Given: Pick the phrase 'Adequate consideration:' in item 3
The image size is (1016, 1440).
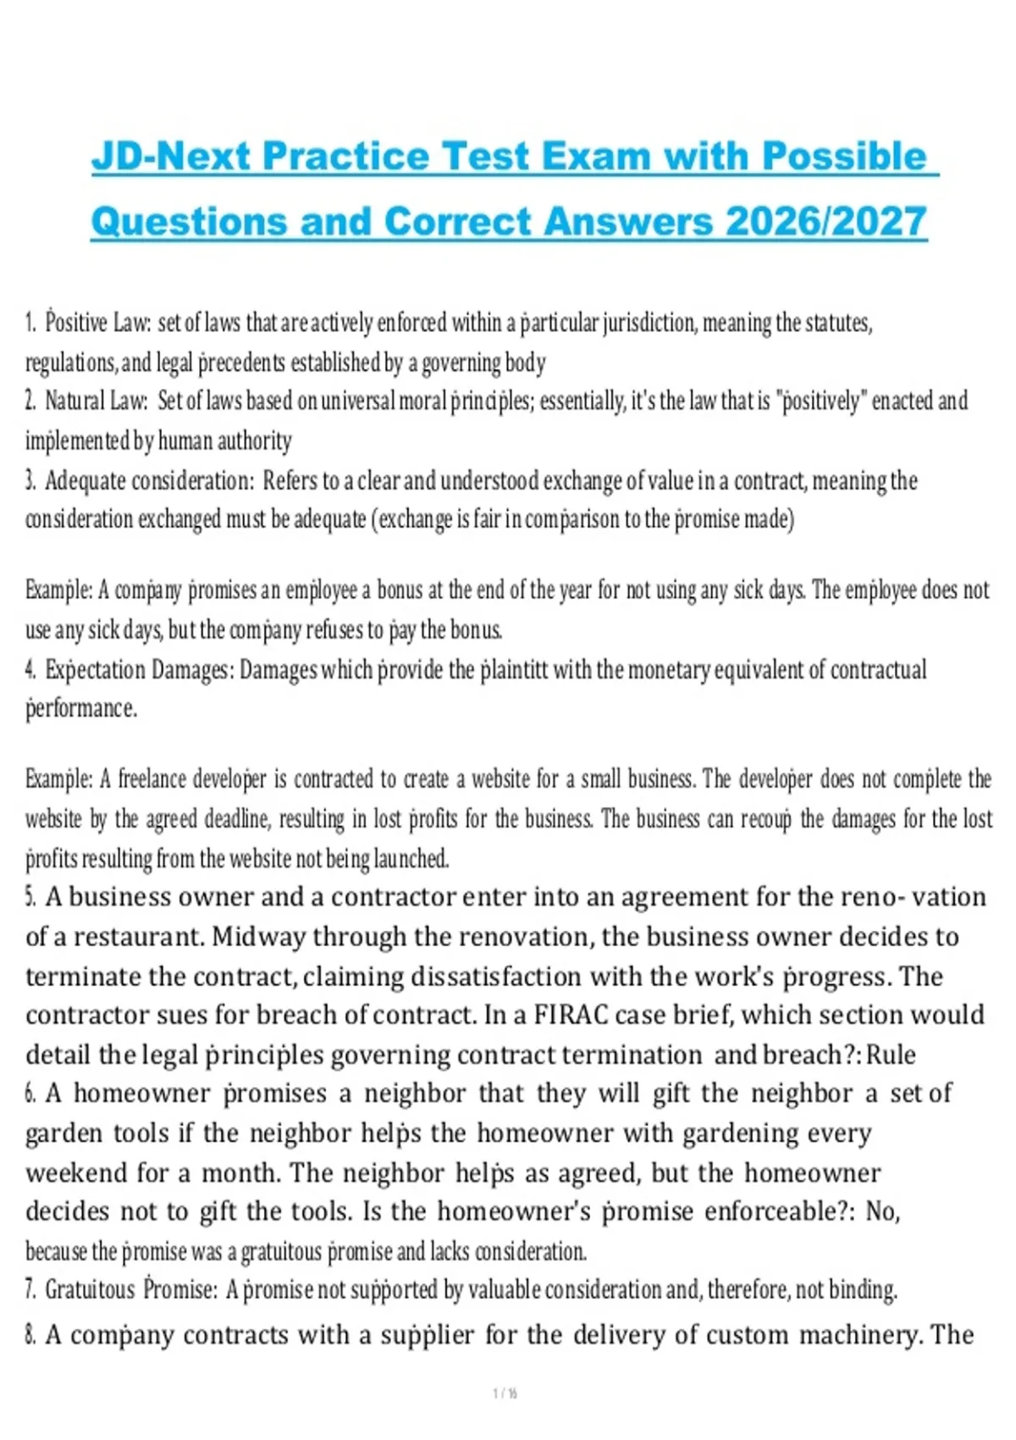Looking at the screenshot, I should tap(149, 481).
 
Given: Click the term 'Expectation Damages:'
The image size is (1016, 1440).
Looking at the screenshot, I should tap(139, 670).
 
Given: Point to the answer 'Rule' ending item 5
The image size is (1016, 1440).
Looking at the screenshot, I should tap(891, 1055).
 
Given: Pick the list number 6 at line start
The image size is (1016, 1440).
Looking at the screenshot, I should tap(30, 1094).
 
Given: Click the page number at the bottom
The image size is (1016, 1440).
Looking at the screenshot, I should tap(505, 1393).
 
